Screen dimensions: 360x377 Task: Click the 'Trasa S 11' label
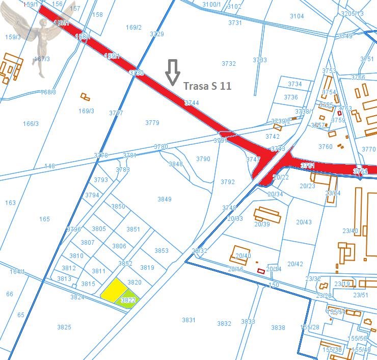tap(207, 86)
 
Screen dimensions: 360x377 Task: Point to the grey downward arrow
tap(173, 72)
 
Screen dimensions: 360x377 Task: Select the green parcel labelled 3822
tap(128, 300)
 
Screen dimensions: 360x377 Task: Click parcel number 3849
tap(165, 199)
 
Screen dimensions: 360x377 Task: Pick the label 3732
tap(229, 64)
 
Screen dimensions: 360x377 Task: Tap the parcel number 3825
tap(64, 327)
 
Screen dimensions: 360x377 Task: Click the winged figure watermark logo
tap(38, 36)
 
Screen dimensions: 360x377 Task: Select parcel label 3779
tap(152, 123)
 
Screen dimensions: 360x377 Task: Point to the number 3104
tap(297, 16)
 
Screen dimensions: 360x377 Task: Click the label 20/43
tap(304, 222)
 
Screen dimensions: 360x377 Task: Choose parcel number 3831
tap(188, 320)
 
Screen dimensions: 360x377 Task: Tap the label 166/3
tap(31, 123)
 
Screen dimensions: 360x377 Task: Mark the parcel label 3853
tap(161, 250)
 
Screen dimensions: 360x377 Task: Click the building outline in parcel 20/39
tap(267, 215)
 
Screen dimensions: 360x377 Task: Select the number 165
tap(44, 219)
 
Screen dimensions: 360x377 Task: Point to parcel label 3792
tap(228, 182)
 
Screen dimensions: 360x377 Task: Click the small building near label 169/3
tap(85, 96)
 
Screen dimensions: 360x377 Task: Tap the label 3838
tap(278, 328)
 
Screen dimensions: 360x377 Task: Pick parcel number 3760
tap(325, 147)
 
